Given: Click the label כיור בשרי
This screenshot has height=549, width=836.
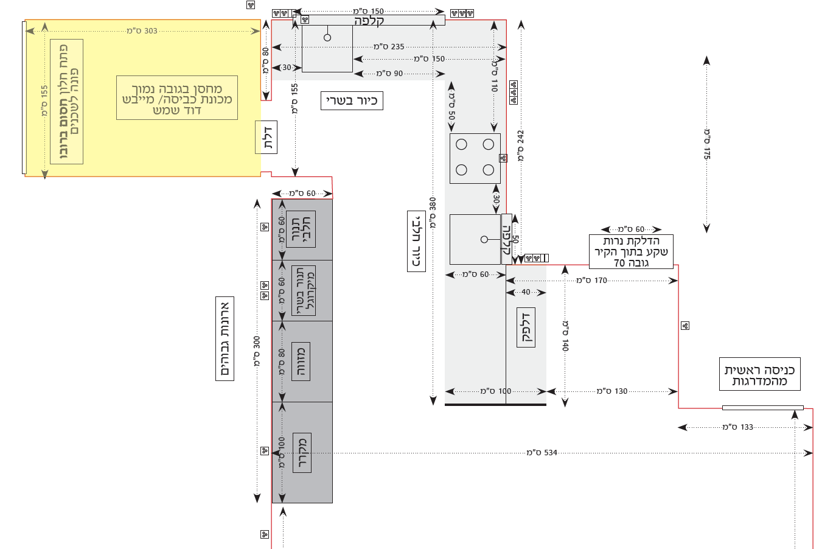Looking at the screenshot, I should [352, 100].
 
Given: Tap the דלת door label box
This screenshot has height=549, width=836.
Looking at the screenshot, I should [266, 137].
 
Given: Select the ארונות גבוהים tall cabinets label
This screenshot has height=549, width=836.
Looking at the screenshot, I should [225, 338].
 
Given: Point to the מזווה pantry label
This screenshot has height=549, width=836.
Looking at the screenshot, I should [301, 362].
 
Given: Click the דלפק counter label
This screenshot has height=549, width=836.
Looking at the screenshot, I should [526, 327].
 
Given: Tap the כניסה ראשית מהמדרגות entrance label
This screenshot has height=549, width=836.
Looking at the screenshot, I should [759, 374].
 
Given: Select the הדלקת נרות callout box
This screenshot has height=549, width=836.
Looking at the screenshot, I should [631, 251].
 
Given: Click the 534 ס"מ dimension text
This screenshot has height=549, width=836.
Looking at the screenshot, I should [542, 453].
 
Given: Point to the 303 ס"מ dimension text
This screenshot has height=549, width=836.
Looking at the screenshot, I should [142, 31].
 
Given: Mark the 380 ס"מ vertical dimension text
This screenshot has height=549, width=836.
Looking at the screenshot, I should [433, 212].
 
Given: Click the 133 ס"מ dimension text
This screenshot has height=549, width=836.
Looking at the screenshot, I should [737, 427].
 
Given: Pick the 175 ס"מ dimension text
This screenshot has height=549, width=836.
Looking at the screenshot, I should [707, 144].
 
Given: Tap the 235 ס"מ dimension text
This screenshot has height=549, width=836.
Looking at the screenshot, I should [389, 47].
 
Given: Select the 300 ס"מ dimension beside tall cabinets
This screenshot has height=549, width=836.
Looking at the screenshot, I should [257, 351].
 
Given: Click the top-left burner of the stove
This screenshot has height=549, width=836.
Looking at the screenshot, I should [461, 144].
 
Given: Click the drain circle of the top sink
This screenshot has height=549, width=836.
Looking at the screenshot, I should [327, 38].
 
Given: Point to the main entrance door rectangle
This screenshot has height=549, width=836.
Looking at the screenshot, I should [762, 408].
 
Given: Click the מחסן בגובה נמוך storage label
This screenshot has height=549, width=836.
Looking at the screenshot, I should [177, 99].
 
